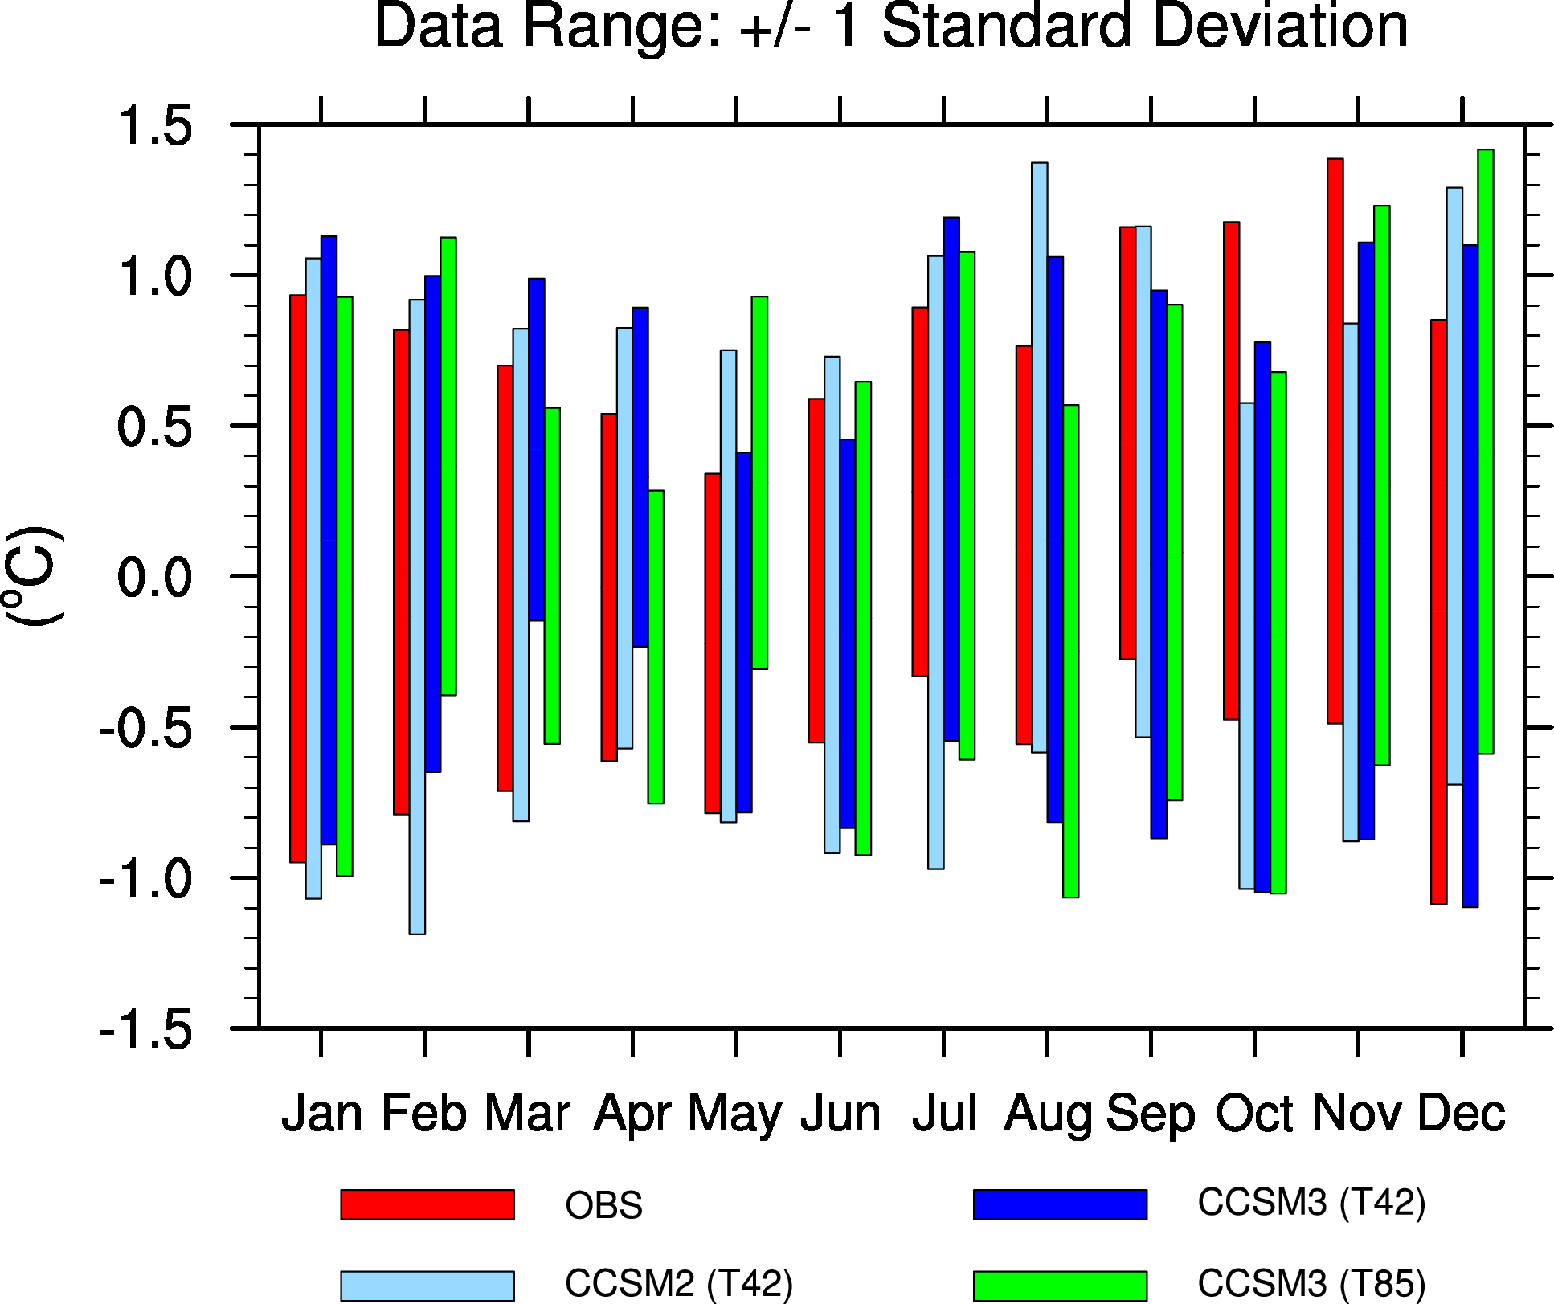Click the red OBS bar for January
(x=297, y=578)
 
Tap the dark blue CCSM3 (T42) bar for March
(x=537, y=449)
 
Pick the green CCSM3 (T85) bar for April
(x=656, y=646)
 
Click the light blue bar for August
(x=1039, y=457)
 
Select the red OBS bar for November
(x=1335, y=441)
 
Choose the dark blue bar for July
(x=951, y=479)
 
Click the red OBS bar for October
(x=1231, y=470)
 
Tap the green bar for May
(x=759, y=482)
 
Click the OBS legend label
(x=603, y=1207)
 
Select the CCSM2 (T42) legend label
(x=679, y=1284)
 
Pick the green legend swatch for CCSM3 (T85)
(x=1060, y=1286)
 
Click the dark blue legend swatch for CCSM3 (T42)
(x=1060, y=1204)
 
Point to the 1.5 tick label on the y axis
(x=155, y=126)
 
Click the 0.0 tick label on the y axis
(x=155, y=578)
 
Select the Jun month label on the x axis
(x=840, y=1114)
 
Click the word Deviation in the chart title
(x=1280, y=26)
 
